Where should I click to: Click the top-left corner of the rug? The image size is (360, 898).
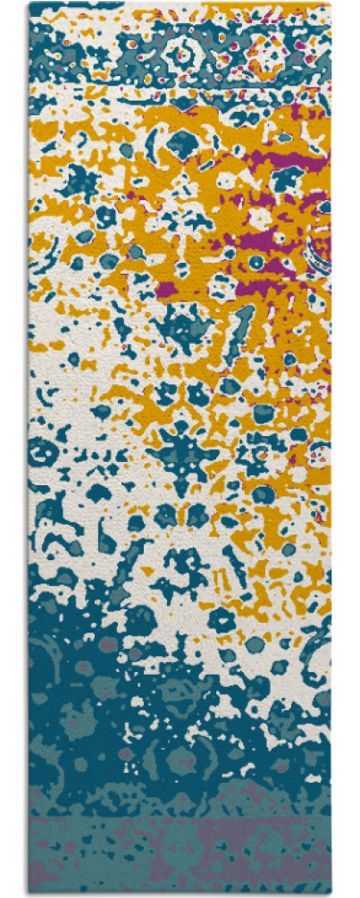pyautogui.click(x=29, y=4)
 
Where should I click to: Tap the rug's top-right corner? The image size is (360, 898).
pyautogui.click(x=331, y=4)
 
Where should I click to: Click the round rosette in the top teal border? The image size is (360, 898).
pyautogui.click(x=184, y=54)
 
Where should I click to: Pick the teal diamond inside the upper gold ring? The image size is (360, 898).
pyautogui.click(x=183, y=140)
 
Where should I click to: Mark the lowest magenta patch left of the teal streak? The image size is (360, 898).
pyautogui.click(x=170, y=288)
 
